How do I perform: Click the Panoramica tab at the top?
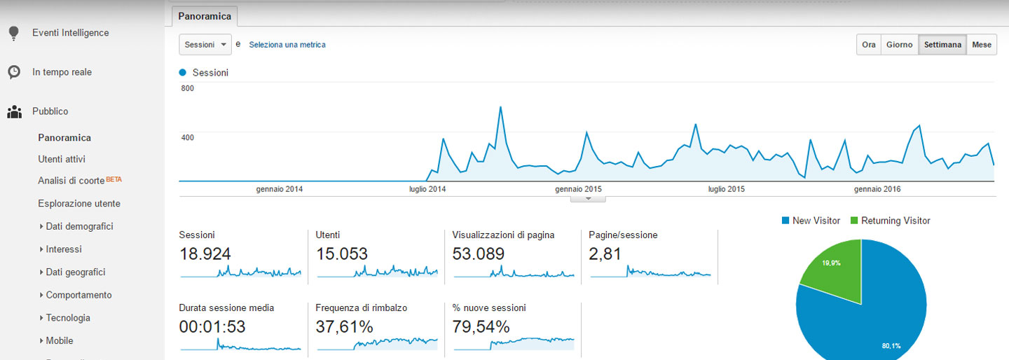205,15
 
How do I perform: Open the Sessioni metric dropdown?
205,44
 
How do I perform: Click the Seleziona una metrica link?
287,45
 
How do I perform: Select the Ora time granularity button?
869,45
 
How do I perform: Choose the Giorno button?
899,45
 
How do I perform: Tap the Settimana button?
942,45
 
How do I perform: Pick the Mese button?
982,45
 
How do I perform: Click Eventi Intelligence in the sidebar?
70,33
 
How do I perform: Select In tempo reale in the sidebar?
62,72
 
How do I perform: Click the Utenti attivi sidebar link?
62,159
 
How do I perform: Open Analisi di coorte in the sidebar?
71,181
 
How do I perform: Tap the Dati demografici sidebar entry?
79,226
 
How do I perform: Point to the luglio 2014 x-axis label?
427,189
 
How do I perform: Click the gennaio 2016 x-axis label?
877,189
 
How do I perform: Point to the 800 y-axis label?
187,88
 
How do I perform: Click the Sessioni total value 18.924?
205,254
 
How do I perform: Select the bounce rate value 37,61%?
344,326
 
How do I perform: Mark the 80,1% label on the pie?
891,345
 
